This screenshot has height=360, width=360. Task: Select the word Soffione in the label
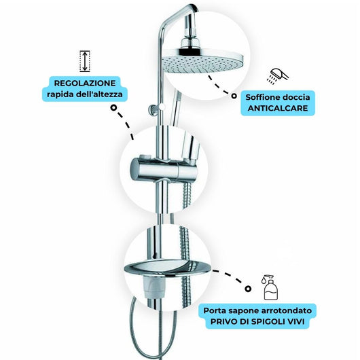[261, 97]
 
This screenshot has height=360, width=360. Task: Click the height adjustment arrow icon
[85, 60]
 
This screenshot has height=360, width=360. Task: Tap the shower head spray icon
[274, 75]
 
